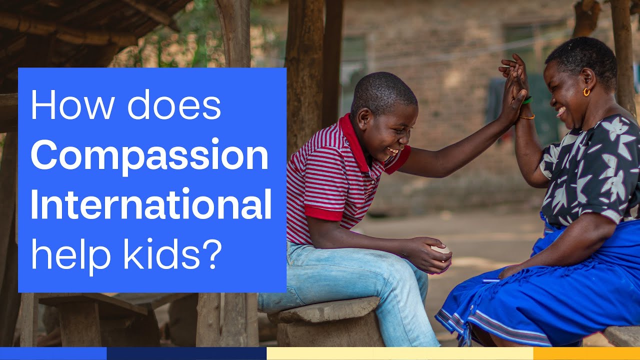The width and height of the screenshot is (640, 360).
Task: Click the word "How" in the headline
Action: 61,105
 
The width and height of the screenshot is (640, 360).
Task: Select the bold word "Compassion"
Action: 149,156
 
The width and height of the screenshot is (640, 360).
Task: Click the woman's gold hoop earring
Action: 586,92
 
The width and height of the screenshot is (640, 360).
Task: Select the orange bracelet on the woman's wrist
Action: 526,117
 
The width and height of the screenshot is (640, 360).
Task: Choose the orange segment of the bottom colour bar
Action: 586,353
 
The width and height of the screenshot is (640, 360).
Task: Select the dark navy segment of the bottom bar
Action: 186,353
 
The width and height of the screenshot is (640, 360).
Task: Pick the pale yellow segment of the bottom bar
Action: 399,353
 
